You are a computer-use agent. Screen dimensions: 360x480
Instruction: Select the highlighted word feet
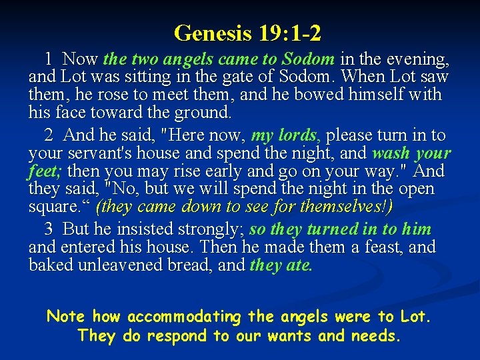click(43, 171)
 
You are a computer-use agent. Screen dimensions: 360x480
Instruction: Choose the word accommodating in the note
click(184, 316)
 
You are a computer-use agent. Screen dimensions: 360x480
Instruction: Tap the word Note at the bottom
click(67, 316)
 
